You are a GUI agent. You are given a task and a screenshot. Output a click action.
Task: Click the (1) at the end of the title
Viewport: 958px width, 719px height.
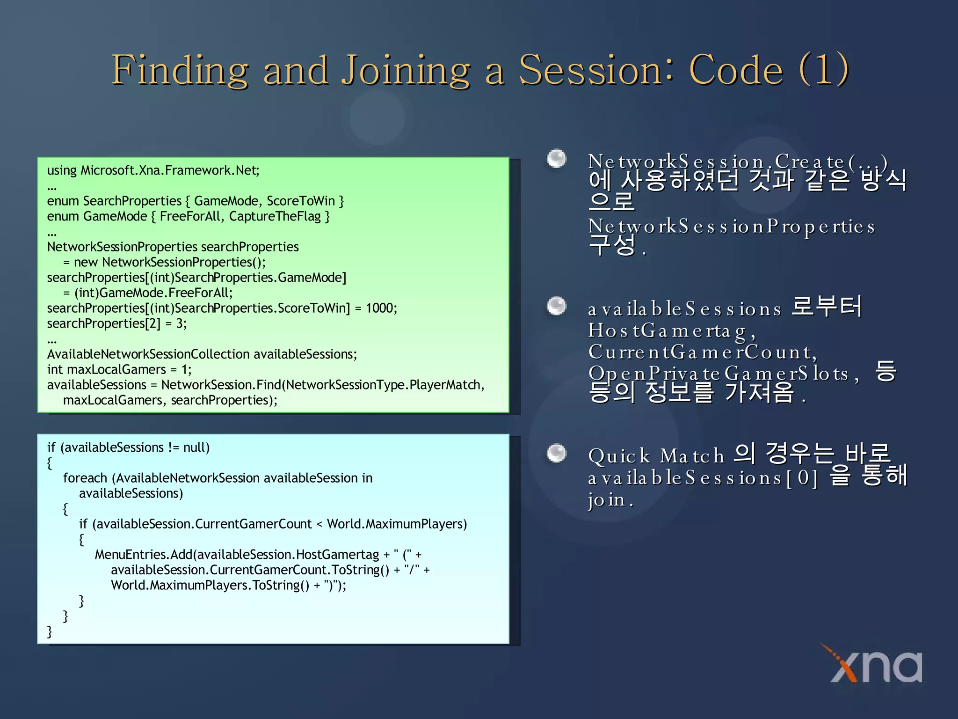tap(824, 70)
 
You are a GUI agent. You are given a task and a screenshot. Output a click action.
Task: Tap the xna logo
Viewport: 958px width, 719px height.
tap(875, 665)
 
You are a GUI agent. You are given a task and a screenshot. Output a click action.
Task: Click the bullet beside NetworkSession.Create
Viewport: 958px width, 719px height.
tap(557, 159)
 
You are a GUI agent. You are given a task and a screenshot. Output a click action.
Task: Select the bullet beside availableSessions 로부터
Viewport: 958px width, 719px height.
tap(557, 306)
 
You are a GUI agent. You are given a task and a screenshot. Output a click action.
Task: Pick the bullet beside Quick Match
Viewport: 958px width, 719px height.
tap(557, 453)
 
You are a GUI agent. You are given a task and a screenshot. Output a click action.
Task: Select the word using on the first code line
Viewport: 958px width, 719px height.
tap(62, 170)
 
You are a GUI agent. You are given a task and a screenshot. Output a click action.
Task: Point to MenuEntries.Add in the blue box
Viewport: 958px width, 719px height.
tap(144, 555)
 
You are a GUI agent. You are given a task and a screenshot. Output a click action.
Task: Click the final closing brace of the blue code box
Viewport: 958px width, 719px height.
tap(50, 631)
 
